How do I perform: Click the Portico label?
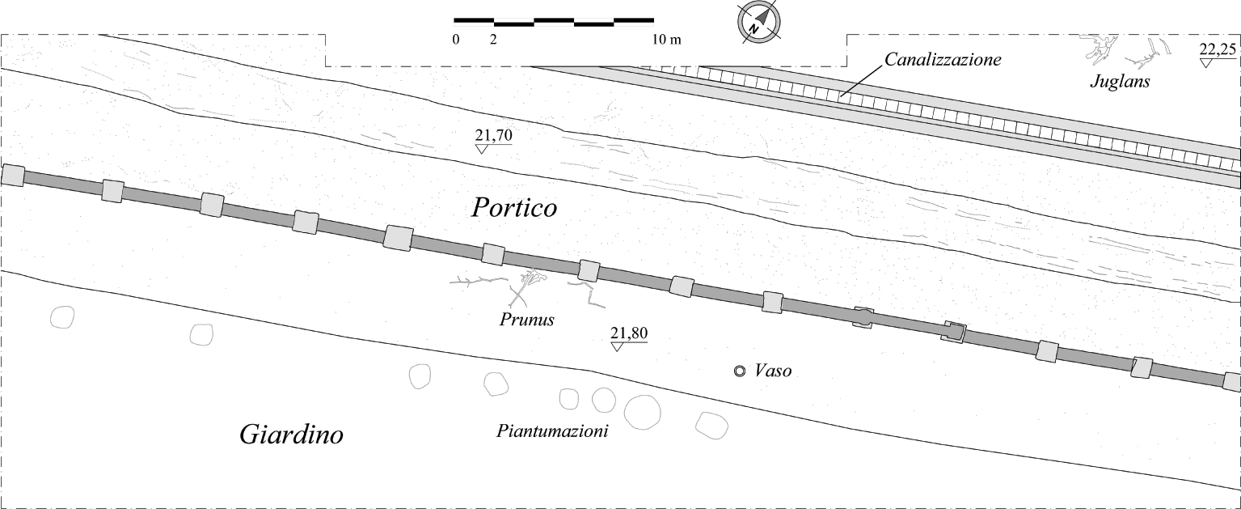pyautogui.click(x=514, y=208)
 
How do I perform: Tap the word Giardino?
pyautogui.click(x=291, y=434)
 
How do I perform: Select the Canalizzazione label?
pyautogui.click(x=943, y=59)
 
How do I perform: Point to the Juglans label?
pyautogui.click(x=1121, y=82)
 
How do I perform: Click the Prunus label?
pyautogui.click(x=527, y=320)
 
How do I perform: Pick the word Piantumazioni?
pyautogui.click(x=552, y=431)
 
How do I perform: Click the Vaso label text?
pyautogui.click(x=774, y=371)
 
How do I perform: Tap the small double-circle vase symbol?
pyautogui.click(x=739, y=371)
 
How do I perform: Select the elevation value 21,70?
pyautogui.click(x=494, y=135)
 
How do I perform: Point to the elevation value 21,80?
pyautogui.click(x=629, y=333)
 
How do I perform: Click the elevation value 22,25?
pyautogui.click(x=1218, y=50)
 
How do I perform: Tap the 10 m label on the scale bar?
pyautogui.click(x=666, y=40)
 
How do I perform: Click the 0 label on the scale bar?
pyautogui.click(x=456, y=40)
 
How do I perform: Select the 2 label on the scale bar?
pyautogui.click(x=493, y=40)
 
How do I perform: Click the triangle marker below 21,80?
pyautogui.click(x=617, y=346)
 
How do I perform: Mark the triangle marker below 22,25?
pyautogui.click(x=1205, y=62)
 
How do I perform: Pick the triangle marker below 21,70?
pyautogui.click(x=481, y=149)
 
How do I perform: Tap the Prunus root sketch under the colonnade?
pyautogui.click(x=526, y=286)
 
